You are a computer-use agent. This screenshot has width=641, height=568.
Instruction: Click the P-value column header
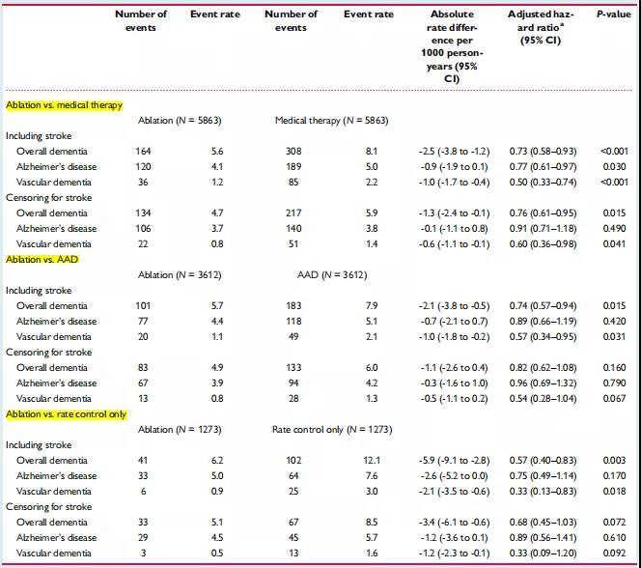[614, 14]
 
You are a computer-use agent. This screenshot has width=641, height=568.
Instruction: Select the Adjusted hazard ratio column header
[541, 27]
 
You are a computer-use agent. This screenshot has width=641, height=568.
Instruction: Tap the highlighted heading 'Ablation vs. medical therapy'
[64, 105]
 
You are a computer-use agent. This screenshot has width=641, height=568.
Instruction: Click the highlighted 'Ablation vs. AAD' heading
[42, 260]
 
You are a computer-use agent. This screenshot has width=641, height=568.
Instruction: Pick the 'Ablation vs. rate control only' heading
[67, 414]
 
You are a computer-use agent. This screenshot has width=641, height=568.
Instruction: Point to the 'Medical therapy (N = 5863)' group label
[331, 121]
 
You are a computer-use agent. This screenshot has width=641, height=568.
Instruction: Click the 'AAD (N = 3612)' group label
[332, 275]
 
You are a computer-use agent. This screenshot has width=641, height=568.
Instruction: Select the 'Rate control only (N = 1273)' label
[332, 430]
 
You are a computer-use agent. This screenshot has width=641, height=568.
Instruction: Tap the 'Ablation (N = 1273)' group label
[180, 430]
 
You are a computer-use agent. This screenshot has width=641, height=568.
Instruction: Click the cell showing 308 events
[293, 152]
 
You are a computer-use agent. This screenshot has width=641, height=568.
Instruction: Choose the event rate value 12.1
[372, 461]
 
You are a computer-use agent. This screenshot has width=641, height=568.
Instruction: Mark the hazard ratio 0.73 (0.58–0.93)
[543, 152]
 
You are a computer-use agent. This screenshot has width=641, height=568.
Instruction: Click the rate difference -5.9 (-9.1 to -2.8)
[454, 461]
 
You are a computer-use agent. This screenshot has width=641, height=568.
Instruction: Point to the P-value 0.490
[614, 229]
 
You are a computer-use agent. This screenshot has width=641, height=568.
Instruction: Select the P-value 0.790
[614, 383]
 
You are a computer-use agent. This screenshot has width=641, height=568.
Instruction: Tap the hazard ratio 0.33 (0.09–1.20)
[543, 554]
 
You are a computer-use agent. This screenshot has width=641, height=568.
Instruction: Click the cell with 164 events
[143, 152]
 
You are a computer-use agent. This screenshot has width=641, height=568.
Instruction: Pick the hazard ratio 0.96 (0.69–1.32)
[543, 383]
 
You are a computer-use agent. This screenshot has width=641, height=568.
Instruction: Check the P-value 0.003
[614, 461]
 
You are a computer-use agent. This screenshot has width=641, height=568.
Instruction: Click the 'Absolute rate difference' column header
[452, 46]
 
